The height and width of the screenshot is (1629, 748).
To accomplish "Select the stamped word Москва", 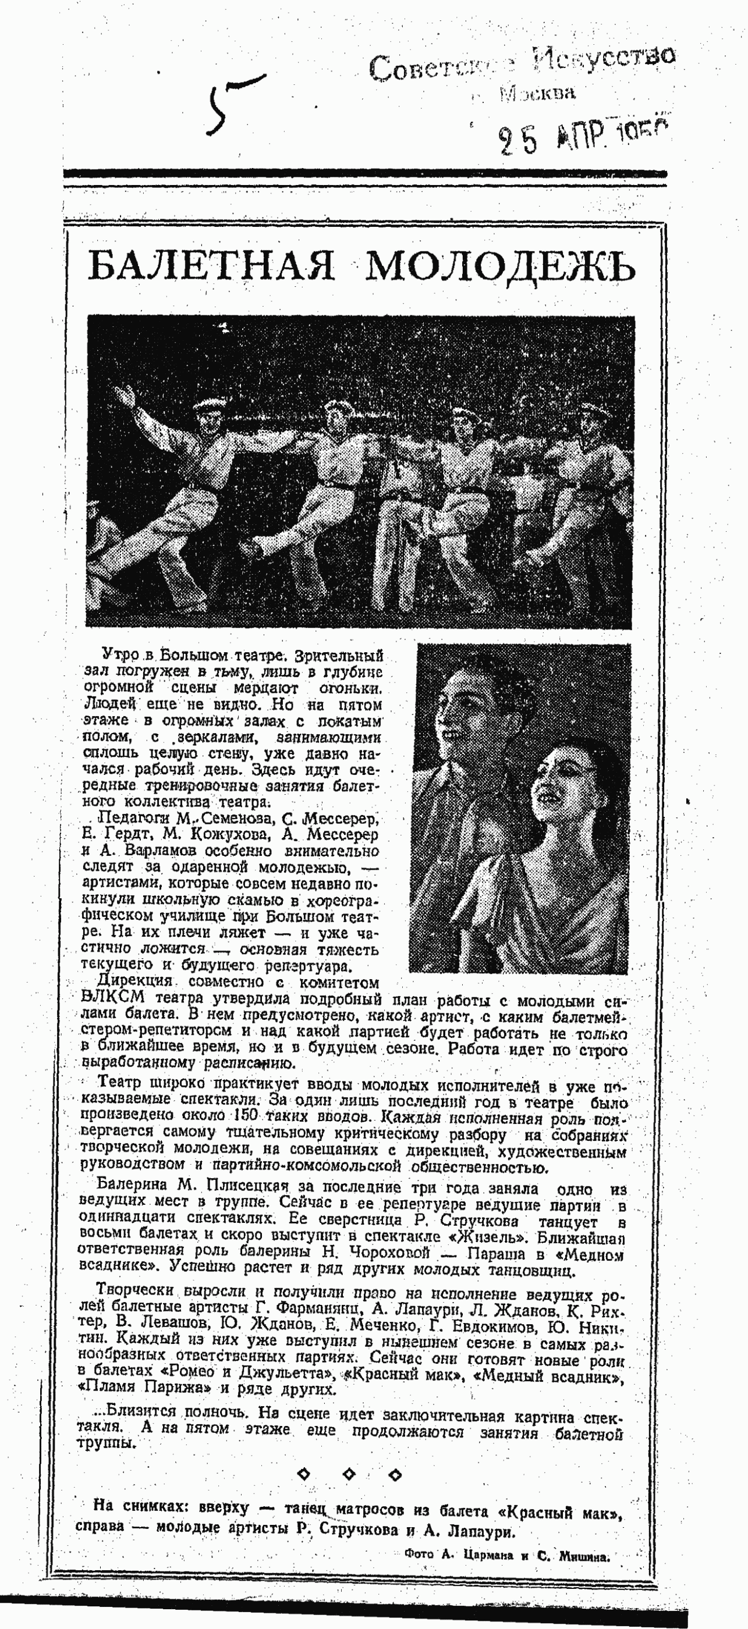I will pyautogui.click(x=537, y=94).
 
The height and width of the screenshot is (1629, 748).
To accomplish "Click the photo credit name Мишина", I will pyautogui.click(x=583, y=1551).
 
